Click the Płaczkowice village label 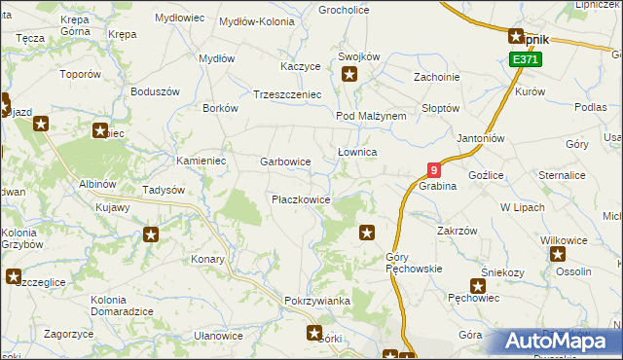pos(301,199)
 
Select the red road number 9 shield pos(434,169)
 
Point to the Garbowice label pos(285,162)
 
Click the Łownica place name pos(356,153)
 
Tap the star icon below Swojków pos(348,73)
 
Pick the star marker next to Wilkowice pos(558,255)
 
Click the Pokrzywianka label pos(317,301)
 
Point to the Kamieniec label pos(201,160)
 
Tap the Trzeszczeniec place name pos(287,94)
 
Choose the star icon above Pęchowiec pos(478,286)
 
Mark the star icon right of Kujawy pos(151,234)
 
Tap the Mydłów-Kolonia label pos(257,20)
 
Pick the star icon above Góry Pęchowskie pos(367,232)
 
